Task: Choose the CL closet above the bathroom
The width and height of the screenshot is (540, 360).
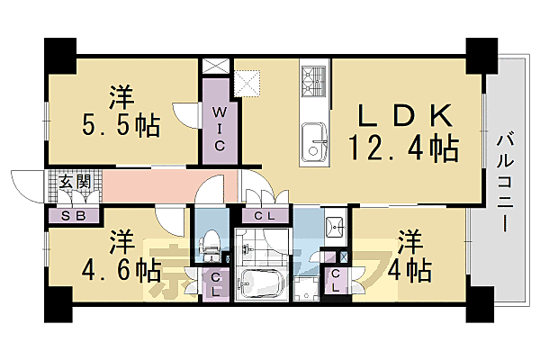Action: (265, 215)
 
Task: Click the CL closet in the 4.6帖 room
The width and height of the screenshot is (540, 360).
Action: (217, 287)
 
